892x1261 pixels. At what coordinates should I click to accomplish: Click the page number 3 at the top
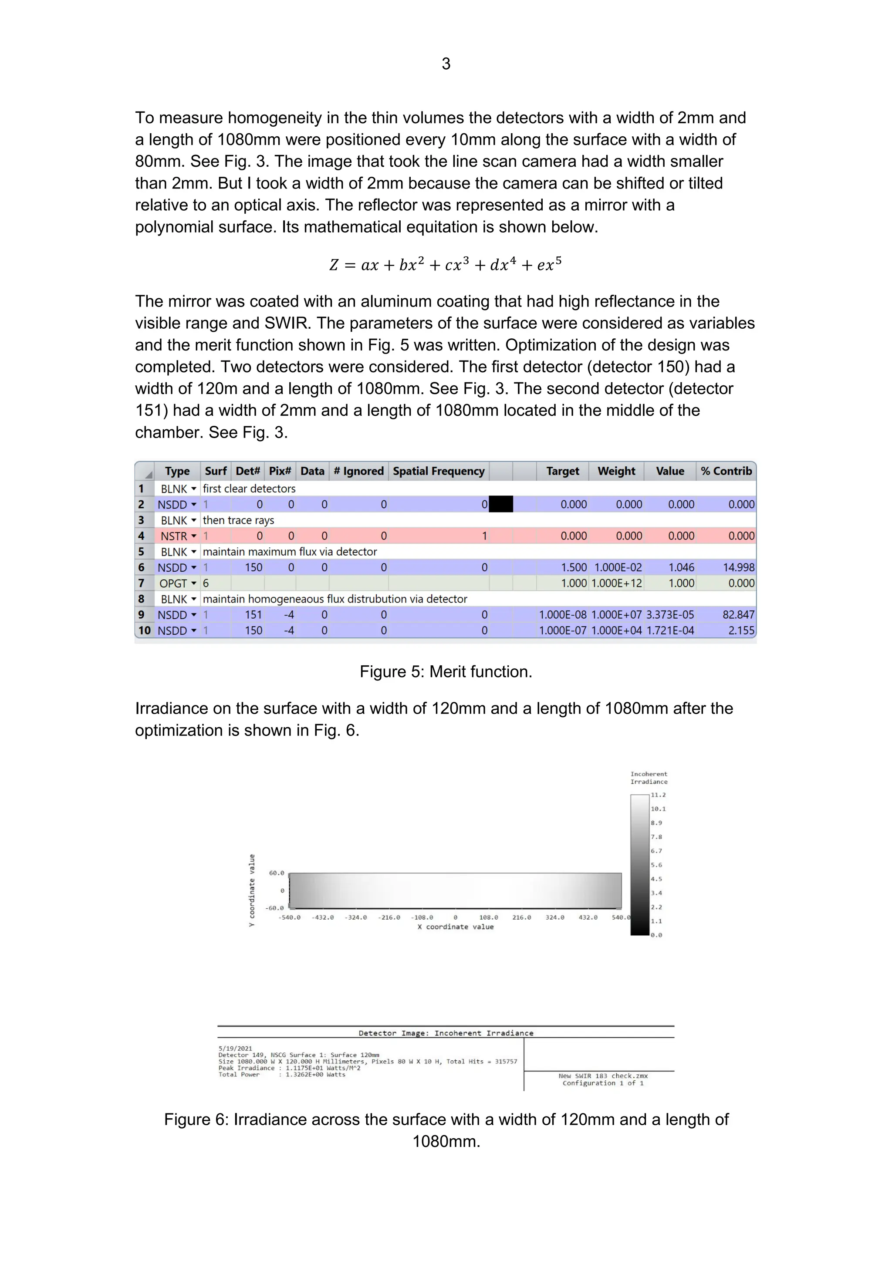coord(446,64)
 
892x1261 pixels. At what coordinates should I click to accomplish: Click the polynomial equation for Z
coord(446,265)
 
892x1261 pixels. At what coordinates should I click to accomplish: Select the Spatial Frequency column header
coord(438,471)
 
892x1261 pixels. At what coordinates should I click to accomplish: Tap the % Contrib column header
coord(726,471)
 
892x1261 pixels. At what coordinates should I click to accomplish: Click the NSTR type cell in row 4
coord(174,536)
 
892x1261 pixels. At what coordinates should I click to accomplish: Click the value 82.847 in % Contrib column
coord(738,614)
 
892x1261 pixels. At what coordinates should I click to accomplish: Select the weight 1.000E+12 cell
coord(616,583)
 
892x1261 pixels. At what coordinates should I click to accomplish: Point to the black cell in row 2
coord(500,504)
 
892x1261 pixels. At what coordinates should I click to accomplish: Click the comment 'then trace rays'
coord(238,520)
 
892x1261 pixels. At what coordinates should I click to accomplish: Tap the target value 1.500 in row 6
coord(574,567)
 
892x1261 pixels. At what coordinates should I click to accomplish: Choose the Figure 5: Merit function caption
coord(446,672)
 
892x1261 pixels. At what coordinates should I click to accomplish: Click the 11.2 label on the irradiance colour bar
coord(658,795)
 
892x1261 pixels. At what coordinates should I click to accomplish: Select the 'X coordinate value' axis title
coord(455,927)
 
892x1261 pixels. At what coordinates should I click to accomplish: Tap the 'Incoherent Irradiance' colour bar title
coord(649,778)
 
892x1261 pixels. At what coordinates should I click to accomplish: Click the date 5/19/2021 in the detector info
coord(235,1049)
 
